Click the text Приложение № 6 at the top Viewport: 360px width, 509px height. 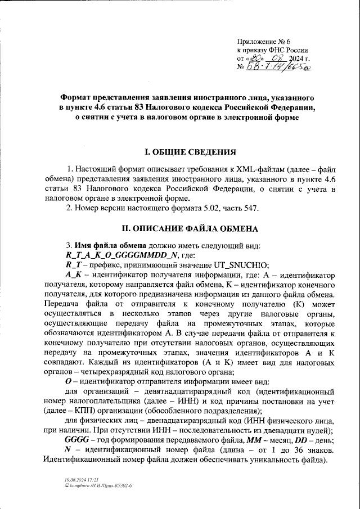click(x=263, y=41)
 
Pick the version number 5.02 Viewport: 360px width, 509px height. click(x=209, y=209)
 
